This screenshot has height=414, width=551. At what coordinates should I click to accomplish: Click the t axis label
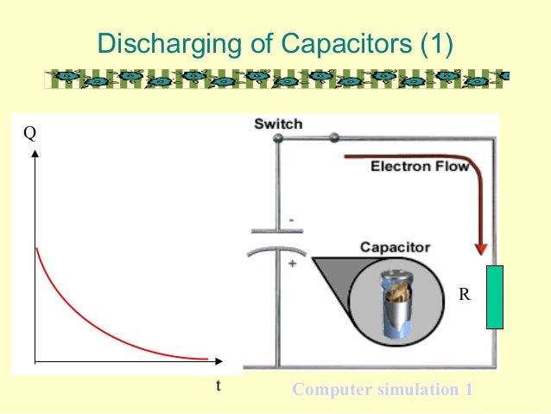(218, 386)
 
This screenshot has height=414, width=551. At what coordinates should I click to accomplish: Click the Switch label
(278, 124)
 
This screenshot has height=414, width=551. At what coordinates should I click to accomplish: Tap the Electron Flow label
(420, 167)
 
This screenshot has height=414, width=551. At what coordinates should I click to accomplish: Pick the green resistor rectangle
(495, 297)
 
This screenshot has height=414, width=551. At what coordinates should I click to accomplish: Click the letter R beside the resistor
(464, 295)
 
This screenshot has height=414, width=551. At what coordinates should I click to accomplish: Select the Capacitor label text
(395, 248)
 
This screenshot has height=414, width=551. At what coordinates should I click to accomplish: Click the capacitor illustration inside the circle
(396, 302)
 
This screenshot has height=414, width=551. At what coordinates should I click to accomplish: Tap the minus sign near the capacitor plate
(292, 221)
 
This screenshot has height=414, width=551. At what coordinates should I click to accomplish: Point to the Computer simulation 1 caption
(383, 390)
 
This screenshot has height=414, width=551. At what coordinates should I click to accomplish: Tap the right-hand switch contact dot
(333, 138)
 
